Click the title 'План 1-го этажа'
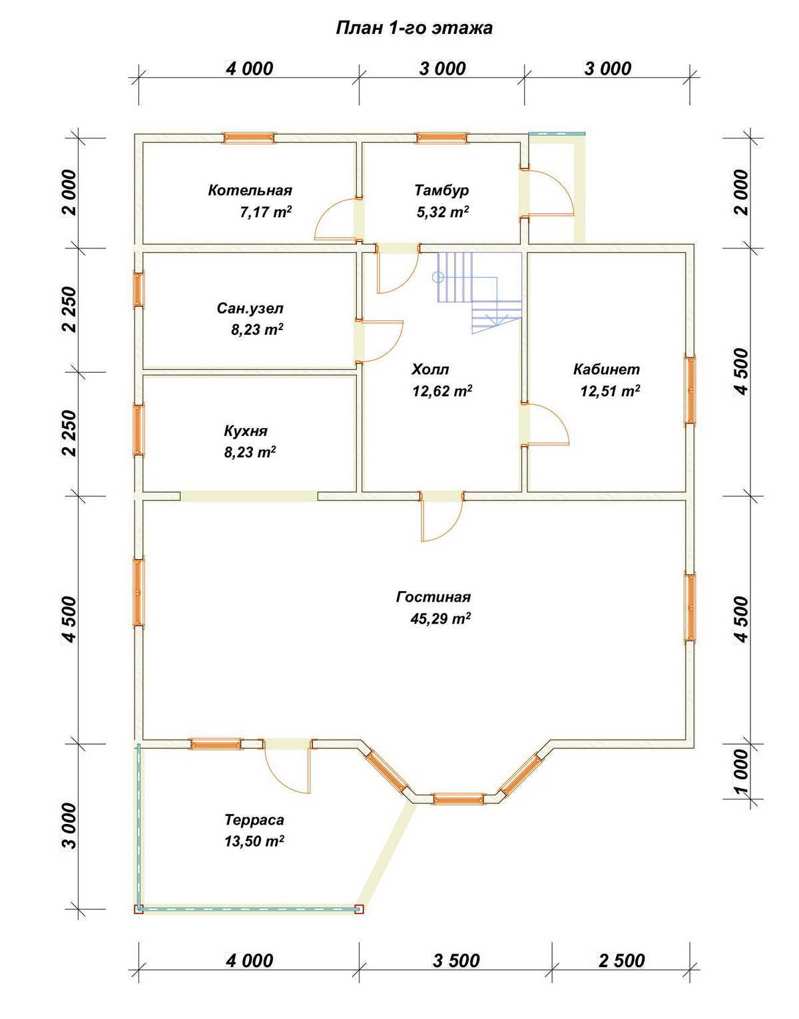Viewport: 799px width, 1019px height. (414, 28)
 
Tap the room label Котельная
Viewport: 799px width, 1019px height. (250, 190)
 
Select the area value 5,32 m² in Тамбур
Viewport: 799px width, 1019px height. (443, 212)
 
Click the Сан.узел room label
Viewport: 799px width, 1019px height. (250, 309)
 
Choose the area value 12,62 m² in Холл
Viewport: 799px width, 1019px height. (442, 391)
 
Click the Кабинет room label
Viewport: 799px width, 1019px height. (607, 369)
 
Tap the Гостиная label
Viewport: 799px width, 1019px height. (433, 597)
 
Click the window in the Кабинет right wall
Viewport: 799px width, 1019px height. (690, 390)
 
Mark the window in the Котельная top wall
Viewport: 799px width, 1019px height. (248, 137)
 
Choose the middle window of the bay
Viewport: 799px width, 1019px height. (458, 799)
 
